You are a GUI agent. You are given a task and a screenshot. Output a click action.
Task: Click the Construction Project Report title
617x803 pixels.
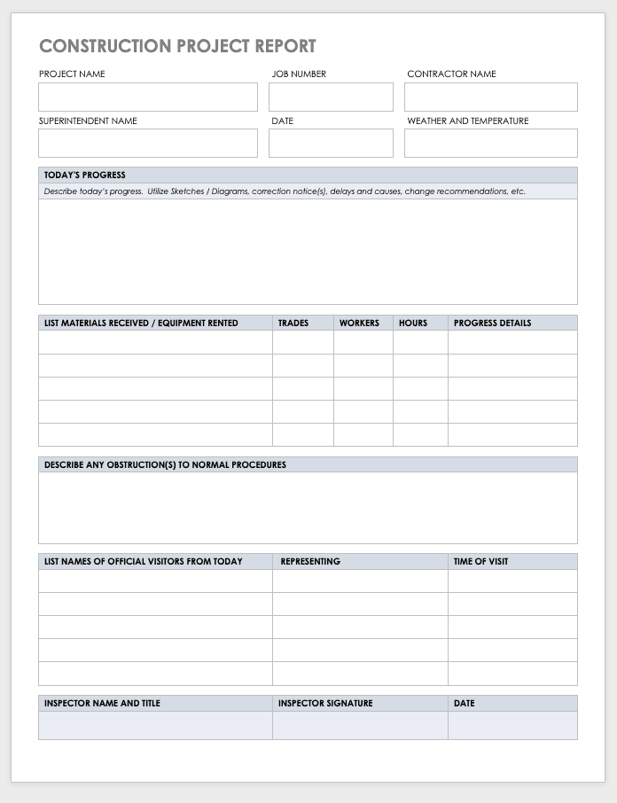[x=177, y=46]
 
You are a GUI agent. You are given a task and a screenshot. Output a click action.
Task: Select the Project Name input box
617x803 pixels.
[x=148, y=97]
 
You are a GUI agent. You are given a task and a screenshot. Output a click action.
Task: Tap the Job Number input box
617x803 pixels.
[x=331, y=97]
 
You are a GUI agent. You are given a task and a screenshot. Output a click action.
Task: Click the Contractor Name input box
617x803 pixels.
[x=490, y=97]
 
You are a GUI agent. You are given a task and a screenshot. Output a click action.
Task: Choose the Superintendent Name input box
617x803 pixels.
[x=148, y=143]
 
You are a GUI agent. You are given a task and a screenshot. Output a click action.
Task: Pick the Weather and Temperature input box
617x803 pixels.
[x=490, y=143]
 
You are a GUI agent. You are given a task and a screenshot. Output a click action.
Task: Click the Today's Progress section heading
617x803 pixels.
[x=85, y=175]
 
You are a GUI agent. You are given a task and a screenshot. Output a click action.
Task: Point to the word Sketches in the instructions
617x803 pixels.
[x=184, y=191]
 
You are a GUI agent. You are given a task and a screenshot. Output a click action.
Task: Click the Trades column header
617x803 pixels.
[x=293, y=324]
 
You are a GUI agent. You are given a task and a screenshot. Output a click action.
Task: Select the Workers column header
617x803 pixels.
[x=359, y=324]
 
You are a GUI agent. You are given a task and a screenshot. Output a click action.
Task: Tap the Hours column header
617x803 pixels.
[x=413, y=324]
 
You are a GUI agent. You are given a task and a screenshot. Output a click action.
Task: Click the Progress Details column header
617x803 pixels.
[x=492, y=324]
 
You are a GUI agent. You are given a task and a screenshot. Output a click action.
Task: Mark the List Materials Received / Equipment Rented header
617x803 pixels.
[x=141, y=324]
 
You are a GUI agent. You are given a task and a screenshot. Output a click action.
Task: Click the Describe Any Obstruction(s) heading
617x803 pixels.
[x=165, y=464]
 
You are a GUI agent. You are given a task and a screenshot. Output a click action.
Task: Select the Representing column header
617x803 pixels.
[x=310, y=562]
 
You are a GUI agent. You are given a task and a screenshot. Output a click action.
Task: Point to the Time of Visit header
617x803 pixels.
[x=480, y=562]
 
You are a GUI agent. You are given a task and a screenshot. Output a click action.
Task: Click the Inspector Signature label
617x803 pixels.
[x=325, y=704]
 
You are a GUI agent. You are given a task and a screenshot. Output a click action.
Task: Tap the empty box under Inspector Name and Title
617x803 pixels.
[x=155, y=725]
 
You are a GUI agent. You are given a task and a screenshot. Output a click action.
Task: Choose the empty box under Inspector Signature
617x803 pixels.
[x=360, y=725]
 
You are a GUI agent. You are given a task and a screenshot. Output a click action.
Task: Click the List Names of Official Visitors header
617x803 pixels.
[x=144, y=562]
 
